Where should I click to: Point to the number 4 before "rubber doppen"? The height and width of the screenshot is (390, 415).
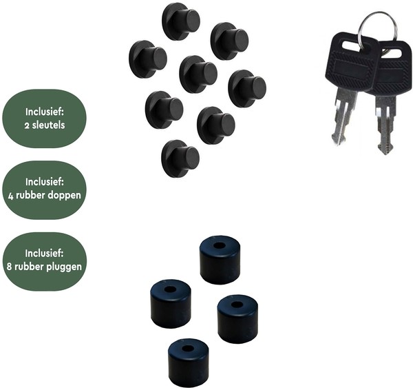12,195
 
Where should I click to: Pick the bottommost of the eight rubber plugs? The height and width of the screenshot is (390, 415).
180,158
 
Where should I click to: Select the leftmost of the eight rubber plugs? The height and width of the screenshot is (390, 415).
147,59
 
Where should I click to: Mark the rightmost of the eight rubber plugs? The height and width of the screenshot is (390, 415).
247,88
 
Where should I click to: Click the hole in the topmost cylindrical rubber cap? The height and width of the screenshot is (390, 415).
219,245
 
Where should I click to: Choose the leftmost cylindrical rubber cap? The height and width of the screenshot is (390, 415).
170,303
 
